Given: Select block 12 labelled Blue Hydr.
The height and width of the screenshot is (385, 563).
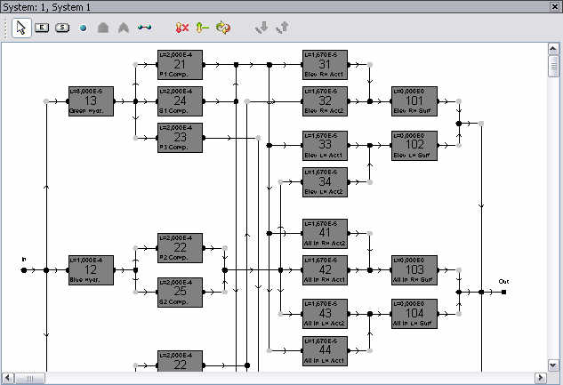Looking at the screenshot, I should coord(91,269).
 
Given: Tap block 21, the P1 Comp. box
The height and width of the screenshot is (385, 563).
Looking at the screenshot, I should coord(181,65).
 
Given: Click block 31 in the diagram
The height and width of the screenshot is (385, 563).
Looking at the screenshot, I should coord(325,65).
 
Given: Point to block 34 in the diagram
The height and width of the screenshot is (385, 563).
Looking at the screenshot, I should coord(325,181).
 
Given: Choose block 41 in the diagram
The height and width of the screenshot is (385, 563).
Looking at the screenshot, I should coord(325,233).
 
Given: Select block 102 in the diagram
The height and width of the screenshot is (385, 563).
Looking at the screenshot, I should coord(414,145).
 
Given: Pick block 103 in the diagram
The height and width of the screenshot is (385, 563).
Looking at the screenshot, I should coord(414,269).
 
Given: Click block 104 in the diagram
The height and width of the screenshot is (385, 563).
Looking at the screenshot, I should coord(414,313).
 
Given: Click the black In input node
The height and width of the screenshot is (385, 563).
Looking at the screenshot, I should coord(24,269).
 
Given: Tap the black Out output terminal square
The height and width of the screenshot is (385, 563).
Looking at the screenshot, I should coord(503,291).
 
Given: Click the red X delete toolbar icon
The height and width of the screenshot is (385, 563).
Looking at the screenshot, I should coord(181,28).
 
